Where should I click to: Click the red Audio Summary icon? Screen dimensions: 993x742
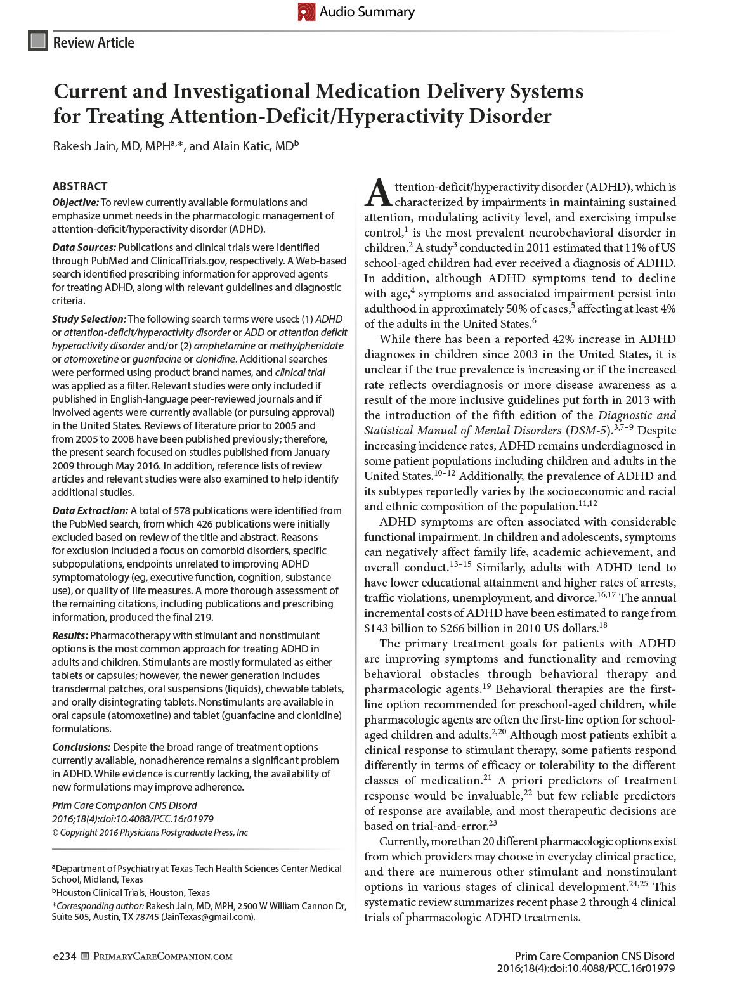pyautogui.click(x=306, y=11)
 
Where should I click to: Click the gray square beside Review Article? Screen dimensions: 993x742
pyautogui.click(x=38, y=41)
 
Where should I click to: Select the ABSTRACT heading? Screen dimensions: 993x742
pyautogui.click(x=79, y=186)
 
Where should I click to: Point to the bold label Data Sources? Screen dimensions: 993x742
pyautogui.click(x=84, y=247)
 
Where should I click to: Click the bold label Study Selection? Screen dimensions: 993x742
pyautogui.click(x=89, y=319)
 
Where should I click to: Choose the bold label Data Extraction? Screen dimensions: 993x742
pyautogui.click(x=90, y=510)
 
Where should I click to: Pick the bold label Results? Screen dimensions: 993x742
pyautogui.click(x=70, y=635)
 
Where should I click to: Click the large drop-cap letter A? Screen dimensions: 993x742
pyautogui.click(x=378, y=192)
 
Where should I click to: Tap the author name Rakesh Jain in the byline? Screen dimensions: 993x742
pyautogui.click(x=85, y=146)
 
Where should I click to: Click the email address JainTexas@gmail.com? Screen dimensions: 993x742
pyautogui.click(x=207, y=916)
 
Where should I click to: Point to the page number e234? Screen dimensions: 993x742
pyautogui.click(x=64, y=956)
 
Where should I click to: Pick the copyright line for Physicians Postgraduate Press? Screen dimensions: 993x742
pyautogui.click(x=150, y=833)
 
